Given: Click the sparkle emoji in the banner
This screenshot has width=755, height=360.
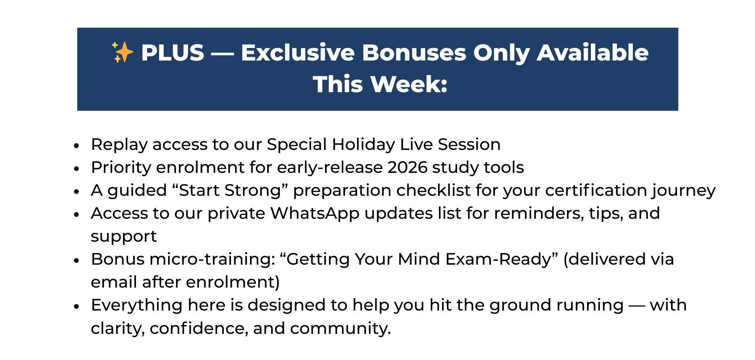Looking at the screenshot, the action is tap(122, 52).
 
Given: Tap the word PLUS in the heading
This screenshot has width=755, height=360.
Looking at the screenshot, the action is tap(172, 53).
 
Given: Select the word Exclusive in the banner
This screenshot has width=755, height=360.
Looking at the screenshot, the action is tap(298, 53).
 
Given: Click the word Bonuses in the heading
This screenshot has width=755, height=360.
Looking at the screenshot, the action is tap(414, 53).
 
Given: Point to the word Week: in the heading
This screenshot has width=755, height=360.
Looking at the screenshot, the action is tap(409, 84).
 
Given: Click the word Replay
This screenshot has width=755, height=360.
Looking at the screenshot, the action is tap(119, 145).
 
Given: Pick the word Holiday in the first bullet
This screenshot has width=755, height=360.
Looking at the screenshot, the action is tap(363, 145).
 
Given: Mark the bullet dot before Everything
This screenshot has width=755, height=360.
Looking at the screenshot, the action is tap(77, 306).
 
